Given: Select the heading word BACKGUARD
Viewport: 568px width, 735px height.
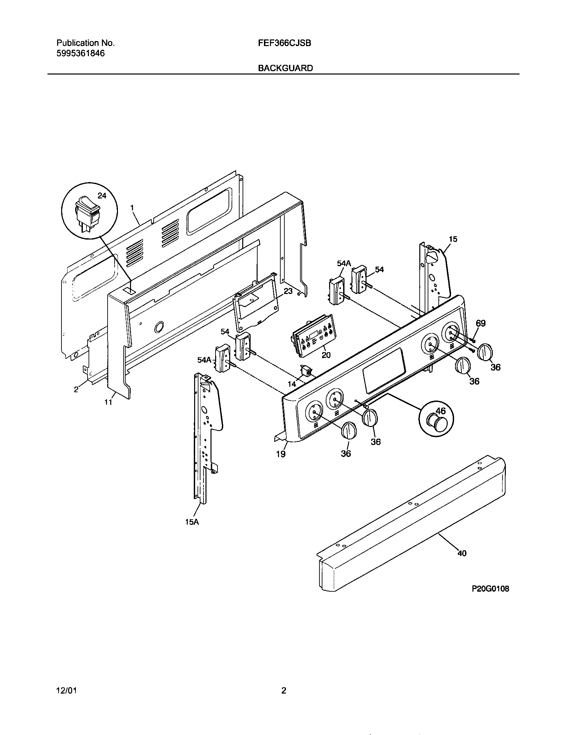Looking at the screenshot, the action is [x=285, y=68].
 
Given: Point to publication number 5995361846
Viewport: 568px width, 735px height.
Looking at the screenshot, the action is [x=81, y=53].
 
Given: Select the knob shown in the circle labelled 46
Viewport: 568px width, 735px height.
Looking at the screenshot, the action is [x=435, y=423].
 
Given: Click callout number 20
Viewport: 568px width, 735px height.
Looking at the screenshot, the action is [x=326, y=355].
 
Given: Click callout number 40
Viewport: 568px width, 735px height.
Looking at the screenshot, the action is [x=462, y=553].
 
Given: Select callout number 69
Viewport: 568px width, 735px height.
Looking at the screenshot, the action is [x=480, y=323].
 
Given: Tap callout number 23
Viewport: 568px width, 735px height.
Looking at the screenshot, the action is [x=288, y=291].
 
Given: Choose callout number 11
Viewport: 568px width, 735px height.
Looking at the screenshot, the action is [x=108, y=402].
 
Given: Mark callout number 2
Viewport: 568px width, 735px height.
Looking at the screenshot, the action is [x=76, y=389].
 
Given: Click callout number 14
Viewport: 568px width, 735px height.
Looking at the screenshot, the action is [x=292, y=384].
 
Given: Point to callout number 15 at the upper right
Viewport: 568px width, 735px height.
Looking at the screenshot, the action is [x=453, y=239].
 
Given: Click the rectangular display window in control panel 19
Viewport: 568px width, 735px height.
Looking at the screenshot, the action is [x=384, y=371].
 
